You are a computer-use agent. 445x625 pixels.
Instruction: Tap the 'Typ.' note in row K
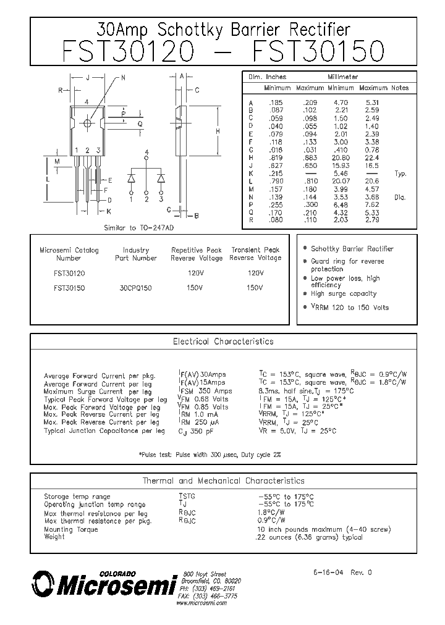point(400,174)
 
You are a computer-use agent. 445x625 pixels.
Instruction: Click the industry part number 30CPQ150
point(136,288)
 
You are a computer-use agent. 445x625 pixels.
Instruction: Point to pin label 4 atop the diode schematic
point(146,152)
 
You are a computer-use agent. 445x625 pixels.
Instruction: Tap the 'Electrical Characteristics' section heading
point(223,341)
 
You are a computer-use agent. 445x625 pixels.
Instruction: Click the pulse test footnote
point(210,454)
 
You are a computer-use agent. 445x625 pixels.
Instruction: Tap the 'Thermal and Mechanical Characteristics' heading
point(223,480)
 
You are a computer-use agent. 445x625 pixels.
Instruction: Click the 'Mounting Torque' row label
point(67,529)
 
